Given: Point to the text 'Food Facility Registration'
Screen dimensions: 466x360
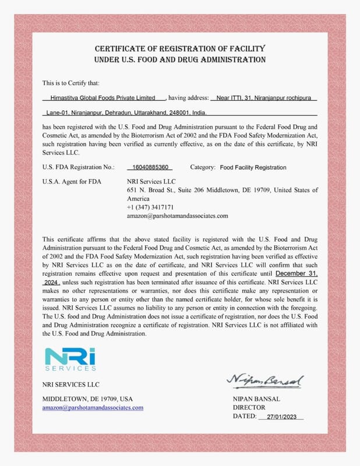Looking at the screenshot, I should click(253, 167).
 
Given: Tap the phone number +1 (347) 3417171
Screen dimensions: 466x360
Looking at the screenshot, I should click(150, 207).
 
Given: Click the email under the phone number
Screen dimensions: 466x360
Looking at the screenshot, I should click(177, 216).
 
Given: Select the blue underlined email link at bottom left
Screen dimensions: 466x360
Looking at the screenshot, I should click(93, 408).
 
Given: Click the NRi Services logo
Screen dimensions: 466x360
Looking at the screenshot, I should click(70, 358).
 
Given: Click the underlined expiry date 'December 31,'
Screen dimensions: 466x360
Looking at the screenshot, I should click(297, 273).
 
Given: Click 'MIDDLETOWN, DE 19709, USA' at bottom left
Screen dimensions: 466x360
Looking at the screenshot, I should click(87, 399).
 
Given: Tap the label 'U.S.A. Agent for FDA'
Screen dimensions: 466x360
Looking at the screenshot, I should click(72, 182).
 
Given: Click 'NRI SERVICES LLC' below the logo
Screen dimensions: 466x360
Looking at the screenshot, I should click(70, 384).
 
